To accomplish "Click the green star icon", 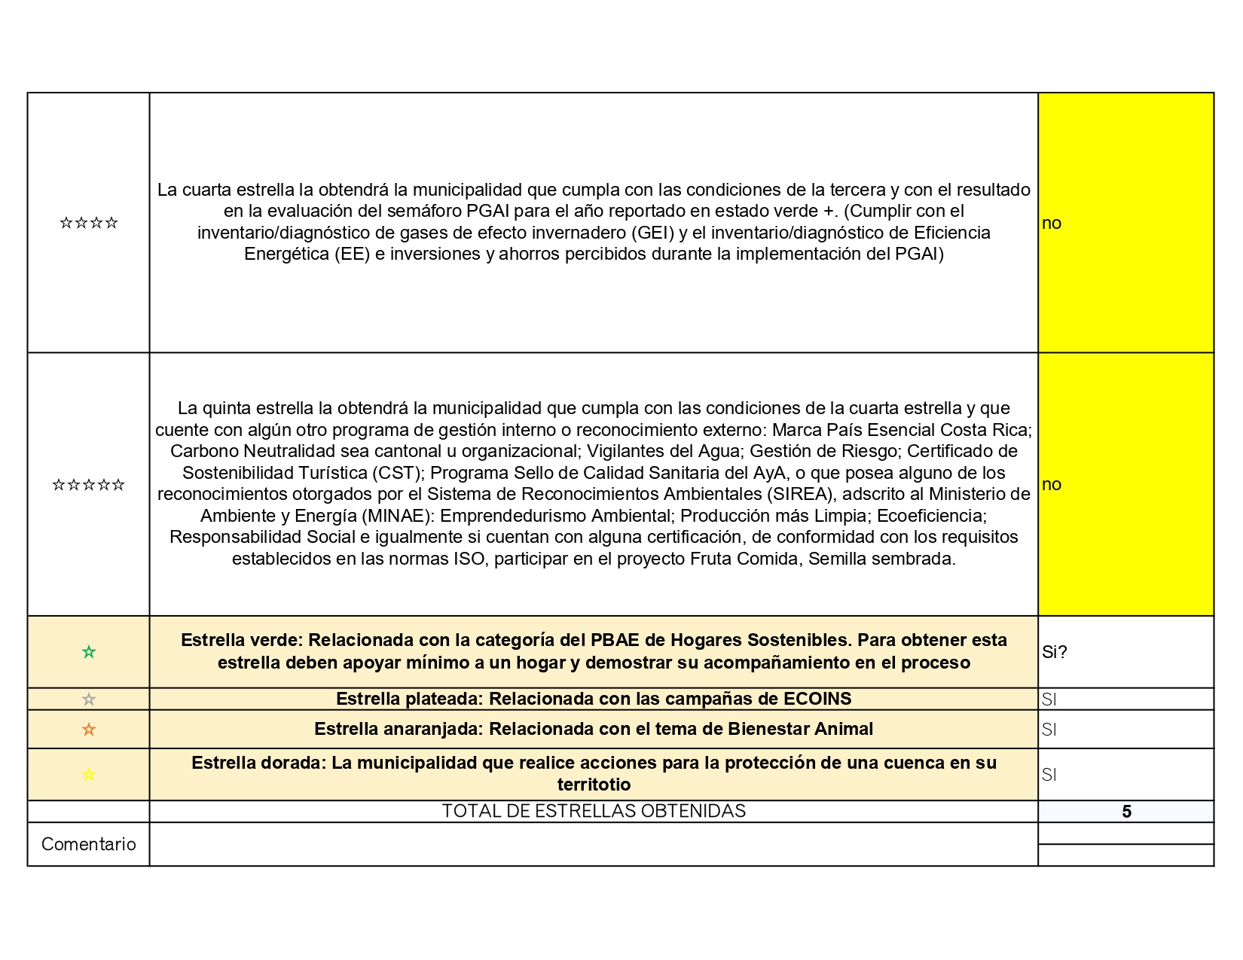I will [x=89, y=652].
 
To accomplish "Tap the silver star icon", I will [x=89, y=699].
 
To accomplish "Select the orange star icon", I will [x=89, y=730].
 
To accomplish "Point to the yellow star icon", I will [x=89, y=775].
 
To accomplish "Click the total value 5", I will [x=1126, y=812].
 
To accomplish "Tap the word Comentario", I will [x=89, y=844].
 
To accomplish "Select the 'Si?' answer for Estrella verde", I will [x=1055, y=652].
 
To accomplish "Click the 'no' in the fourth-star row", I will [x=1052, y=223].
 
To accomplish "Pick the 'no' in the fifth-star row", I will [x=1052, y=484].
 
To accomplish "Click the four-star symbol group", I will [x=89, y=223].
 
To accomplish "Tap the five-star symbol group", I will [x=89, y=485].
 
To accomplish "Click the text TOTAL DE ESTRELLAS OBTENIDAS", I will [x=594, y=811].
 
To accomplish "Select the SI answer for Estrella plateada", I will [x=1049, y=699].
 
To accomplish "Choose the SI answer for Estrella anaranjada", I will [x=1049, y=730].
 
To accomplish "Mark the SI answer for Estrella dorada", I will [x=1049, y=775].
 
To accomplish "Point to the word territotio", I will [x=594, y=785].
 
